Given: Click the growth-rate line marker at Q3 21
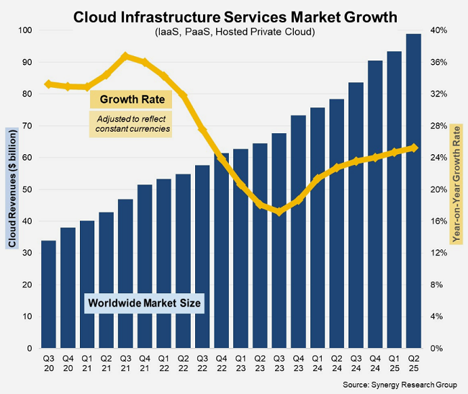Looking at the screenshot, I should (125, 55).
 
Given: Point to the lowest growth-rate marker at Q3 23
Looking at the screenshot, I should (279, 212).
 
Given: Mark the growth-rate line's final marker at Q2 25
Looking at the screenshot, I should (414, 148).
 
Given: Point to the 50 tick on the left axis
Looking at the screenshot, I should (27, 189).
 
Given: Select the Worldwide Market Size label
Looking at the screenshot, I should (145, 303).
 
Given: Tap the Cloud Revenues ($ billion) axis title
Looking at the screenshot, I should (10, 189).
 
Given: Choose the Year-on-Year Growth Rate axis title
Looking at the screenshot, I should (456, 189).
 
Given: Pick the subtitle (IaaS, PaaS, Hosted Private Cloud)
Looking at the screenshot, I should (235, 32).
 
